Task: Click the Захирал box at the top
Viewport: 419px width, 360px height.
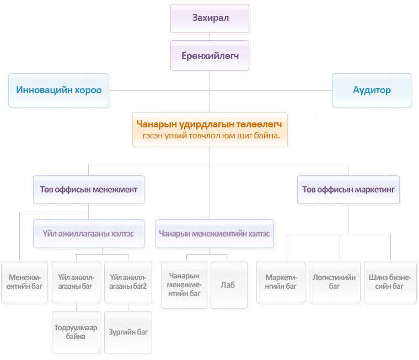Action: coord(209,18)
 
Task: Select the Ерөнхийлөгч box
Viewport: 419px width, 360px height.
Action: coord(209,56)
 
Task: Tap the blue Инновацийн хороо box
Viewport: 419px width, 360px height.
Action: coord(59,90)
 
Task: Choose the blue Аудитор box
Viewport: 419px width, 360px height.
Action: coord(372,90)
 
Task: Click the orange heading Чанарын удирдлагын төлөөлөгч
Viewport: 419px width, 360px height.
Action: coord(209,124)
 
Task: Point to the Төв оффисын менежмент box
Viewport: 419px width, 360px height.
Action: coord(89,190)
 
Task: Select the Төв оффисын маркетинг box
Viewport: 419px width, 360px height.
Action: coord(348,190)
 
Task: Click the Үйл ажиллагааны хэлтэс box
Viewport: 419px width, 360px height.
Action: coord(89,234)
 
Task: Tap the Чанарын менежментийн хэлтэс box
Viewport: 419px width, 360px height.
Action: coord(214,234)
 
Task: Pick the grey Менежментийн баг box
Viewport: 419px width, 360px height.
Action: coord(25,282)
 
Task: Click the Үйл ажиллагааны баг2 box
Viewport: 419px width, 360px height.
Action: coord(128,282)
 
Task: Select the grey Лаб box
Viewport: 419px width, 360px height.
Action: coord(229,285)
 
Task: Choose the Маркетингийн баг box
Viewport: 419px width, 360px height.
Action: coord(281,282)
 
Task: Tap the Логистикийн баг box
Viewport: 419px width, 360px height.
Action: coord(335,282)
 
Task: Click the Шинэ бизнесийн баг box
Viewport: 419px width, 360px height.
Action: coord(390,282)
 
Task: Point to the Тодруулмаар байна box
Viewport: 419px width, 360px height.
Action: coord(76,332)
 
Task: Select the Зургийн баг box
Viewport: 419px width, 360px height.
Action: coord(128,332)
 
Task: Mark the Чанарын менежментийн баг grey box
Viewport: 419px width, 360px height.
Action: coord(184,285)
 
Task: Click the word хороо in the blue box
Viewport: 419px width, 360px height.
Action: coord(88,90)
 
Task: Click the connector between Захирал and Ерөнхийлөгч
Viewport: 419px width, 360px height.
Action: coord(209,37)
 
